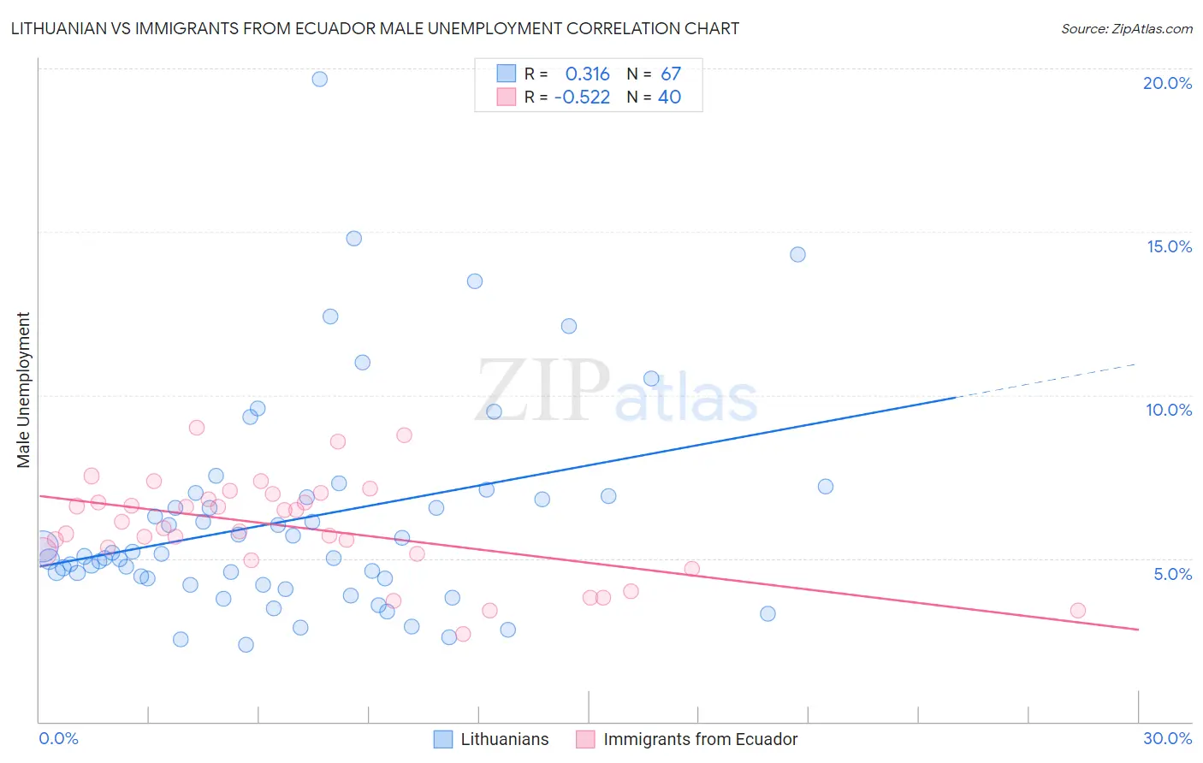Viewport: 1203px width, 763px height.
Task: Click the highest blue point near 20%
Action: pyautogui.click(x=319, y=79)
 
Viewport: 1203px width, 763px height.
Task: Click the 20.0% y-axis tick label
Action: pyautogui.click(x=1167, y=83)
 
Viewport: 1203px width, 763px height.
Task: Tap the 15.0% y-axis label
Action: pyautogui.click(x=1169, y=246)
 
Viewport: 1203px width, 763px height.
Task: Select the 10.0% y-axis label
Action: pyautogui.click(x=1169, y=410)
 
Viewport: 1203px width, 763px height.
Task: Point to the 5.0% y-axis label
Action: pyautogui.click(x=1172, y=574)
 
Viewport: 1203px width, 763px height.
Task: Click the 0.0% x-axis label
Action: pyautogui.click(x=58, y=738)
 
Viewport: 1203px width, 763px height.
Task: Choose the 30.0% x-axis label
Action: pyautogui.click(x=1167, y=738)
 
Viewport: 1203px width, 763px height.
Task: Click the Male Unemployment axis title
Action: pyautogui.click(x=24, y=390)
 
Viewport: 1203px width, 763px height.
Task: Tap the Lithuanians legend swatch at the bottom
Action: pyautogui.click(x=442, y=739)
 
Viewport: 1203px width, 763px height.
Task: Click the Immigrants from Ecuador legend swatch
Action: pyautogui.click(x=585, y=739)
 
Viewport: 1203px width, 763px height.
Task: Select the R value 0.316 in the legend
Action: pyautogui.click(x=587, y=74)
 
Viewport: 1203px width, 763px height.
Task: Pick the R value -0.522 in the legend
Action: pyautogui.click(x=582, y=98)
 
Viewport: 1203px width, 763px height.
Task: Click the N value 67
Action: pyautogui.click(x=670, y=74)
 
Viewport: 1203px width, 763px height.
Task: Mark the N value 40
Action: pyautogui.click(x=669, y=98)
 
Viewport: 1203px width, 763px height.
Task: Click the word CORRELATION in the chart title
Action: pyautogui.click(x=623, y=28)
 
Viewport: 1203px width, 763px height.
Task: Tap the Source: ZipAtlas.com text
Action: pyautogui.click(x=1126, y=29)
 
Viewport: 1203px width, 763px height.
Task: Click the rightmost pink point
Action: pyautogui.click(x=1077, y=610)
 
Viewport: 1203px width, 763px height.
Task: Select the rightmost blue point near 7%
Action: pyautogui.click(x=825, y=486)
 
